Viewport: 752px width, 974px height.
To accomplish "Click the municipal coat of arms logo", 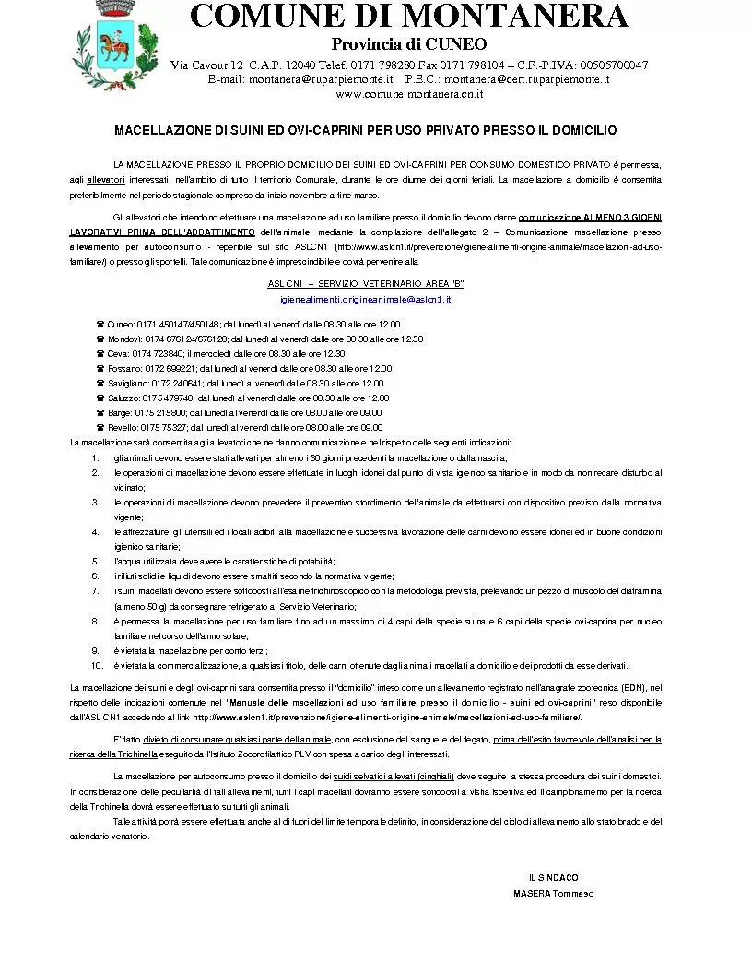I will [108, 42].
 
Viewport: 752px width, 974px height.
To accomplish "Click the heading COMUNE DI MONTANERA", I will [409, 16].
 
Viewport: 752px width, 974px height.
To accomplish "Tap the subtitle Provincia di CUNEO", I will [409, 44].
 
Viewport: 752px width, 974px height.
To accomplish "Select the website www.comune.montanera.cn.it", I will [409, 94].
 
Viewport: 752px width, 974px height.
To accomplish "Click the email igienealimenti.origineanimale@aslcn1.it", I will [365, 300].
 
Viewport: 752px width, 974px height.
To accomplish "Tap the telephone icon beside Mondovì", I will [100, 339].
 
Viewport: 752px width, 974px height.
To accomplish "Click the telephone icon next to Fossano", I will [100, 369].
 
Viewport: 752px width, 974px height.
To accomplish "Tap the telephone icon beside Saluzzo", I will [100, 398].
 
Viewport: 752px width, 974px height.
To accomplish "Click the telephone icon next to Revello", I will [100, 428].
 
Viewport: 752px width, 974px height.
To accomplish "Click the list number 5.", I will [95, 561].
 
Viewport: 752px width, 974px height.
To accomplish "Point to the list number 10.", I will [97, 665].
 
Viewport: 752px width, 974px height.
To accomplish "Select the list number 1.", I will [95, 457].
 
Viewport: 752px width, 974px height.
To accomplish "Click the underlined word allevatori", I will [106, 180].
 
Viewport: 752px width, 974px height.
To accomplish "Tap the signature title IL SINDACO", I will [553, 877].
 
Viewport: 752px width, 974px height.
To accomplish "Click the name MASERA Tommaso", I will [553, 893].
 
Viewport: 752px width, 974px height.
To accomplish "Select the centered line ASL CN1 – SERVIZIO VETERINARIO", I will [365, 284].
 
